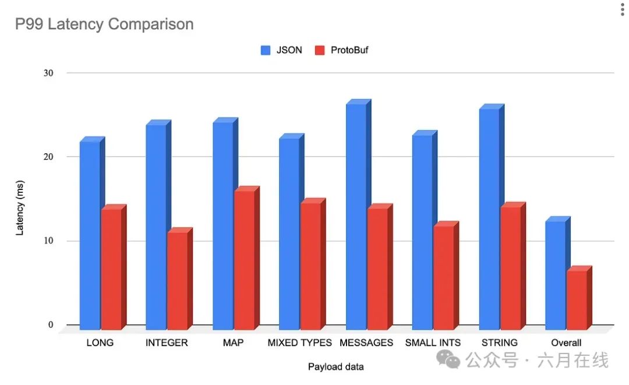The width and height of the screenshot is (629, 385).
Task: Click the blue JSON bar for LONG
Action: (x=90, y=233)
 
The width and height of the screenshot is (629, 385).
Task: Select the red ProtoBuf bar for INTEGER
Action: (x=178, y=280)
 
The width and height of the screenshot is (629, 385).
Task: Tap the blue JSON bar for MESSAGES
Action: (x=356, y=216)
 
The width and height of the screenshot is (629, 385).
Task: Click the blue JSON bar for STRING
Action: (x=489, y=218)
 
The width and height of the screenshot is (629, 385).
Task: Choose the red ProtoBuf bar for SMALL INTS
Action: (x=444, y=277)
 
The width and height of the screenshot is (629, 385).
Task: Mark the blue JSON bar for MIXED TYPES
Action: (x=289, y=233)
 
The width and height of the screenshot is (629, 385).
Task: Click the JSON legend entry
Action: (x=281, y=50)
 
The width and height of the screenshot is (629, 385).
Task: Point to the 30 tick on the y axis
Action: (x=48, y=73)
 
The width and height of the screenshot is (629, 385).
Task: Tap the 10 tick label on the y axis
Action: (x=48, y=241)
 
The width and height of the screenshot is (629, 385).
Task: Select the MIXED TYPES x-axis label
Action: (x=299, y=342)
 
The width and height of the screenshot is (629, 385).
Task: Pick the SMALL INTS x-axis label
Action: (x=433, y=342)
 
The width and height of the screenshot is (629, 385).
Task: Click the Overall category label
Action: (x=566, y=342)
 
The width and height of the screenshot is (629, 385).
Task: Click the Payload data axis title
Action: (x=335, y=366)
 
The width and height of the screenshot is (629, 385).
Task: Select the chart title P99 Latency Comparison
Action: (x=104, y=24)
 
